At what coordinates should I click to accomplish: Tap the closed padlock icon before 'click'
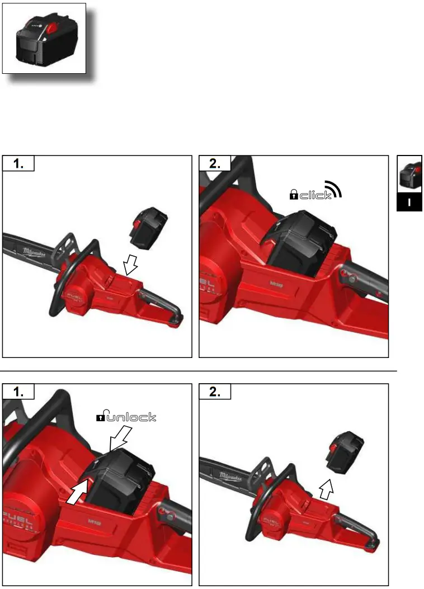293,194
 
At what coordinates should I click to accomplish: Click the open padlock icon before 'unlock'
101,417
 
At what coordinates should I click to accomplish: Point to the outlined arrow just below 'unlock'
120,437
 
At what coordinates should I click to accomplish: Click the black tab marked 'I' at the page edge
409,202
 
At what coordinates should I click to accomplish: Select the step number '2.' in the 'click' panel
215,164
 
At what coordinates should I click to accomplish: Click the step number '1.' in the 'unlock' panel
18,392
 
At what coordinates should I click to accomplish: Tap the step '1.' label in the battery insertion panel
18,164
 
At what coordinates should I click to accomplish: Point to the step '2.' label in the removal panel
215,392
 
